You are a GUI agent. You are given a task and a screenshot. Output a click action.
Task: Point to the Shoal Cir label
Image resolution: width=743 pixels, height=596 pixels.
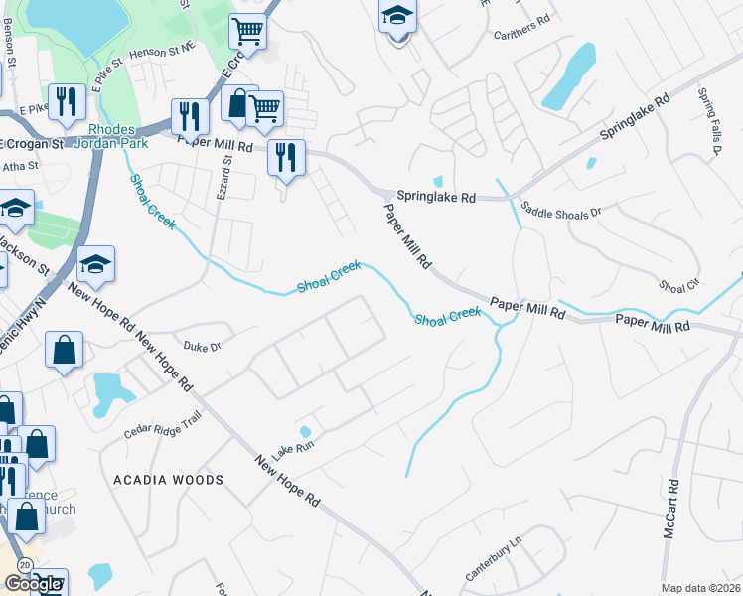(x=678, y=286)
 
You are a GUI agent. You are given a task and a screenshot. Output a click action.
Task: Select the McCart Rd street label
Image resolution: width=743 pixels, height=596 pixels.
(x=673, y=510)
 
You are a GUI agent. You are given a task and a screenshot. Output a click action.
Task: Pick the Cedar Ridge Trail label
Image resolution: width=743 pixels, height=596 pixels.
(x=163, y=426)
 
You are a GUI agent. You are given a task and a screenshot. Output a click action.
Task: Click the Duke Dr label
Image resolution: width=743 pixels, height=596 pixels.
(x=202, y=346)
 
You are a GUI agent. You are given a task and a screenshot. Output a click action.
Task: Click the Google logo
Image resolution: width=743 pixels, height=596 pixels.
(x=33, y=584)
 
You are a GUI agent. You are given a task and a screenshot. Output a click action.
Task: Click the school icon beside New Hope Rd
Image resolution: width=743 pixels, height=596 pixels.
(x=95, y=264)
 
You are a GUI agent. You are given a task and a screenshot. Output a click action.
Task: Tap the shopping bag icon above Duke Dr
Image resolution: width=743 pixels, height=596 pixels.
(x=64, y=351)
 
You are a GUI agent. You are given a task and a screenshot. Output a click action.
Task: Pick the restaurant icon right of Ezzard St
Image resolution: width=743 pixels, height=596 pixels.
(x=286, y=158)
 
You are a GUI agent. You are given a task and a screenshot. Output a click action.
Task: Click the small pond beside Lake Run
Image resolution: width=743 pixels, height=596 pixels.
(x=305, y=432)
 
